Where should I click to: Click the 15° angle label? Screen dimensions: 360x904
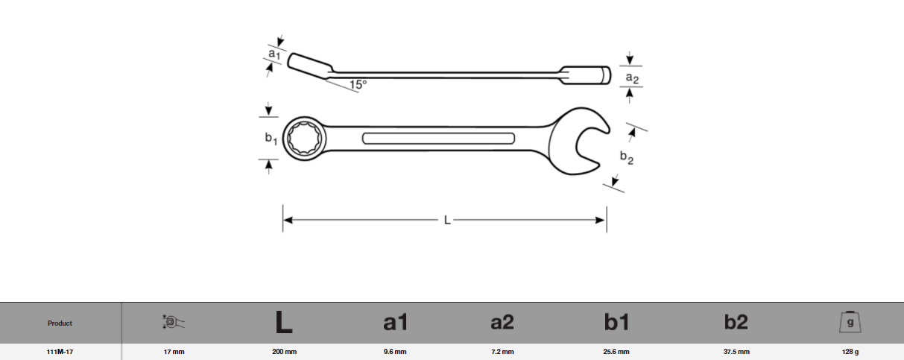(358, 85)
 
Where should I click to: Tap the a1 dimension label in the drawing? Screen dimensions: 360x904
(274, 54)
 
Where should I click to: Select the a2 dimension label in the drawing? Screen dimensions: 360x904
(631, 78)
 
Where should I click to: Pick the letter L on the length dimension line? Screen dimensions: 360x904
(446, 220)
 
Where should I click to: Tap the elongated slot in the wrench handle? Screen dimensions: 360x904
(438, 138)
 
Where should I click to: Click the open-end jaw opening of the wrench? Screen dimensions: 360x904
(594, 140)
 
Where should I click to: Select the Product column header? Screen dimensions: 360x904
(60, 323)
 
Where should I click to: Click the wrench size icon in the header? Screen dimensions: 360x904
(174, 322)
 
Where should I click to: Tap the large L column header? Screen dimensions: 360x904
(283, 322)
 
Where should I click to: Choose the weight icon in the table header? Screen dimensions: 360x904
(850, 322)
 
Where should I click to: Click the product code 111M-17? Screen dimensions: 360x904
(60, 352)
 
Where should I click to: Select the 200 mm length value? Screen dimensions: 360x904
(284, 352)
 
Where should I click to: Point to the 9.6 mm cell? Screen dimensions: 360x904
(394, 352)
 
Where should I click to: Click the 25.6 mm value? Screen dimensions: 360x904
(616, 352)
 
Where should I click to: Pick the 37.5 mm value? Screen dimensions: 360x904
(736, 352)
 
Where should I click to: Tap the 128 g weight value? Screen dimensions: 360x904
(850, 352)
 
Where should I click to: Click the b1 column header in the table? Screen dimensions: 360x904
(616, 322)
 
